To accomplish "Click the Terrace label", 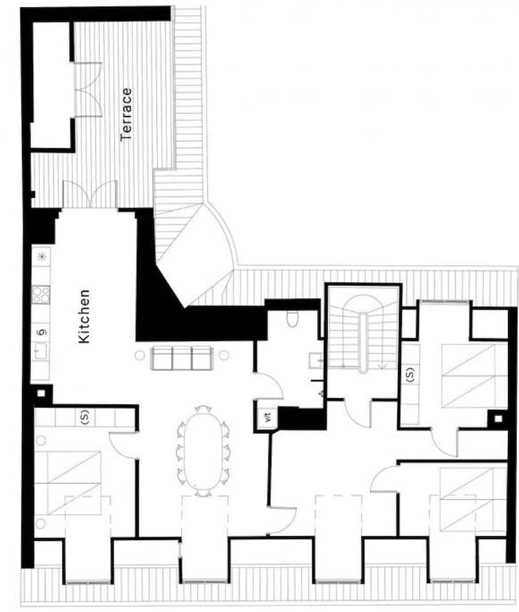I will click(x=127, y=114).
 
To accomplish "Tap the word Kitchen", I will click(x=85, y=316).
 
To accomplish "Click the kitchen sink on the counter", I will click(x=40, y=351).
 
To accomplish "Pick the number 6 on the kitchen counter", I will click(x=42, y=332).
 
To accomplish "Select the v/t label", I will click(x=267, y=418).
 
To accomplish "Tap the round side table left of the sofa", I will click(x=139, y=354).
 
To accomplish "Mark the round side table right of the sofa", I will click(x=224, y=355).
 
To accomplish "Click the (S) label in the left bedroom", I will click(x=84, y=418).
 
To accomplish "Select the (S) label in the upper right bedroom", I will click(x=410, y=374).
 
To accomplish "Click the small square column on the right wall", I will click(x=498, y=419).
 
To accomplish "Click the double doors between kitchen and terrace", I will click(x=90, y=195).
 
